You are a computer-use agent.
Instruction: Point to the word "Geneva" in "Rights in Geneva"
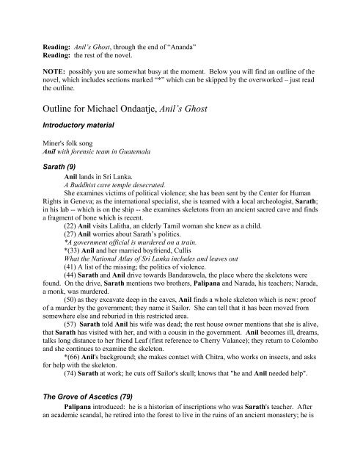point(84,216)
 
